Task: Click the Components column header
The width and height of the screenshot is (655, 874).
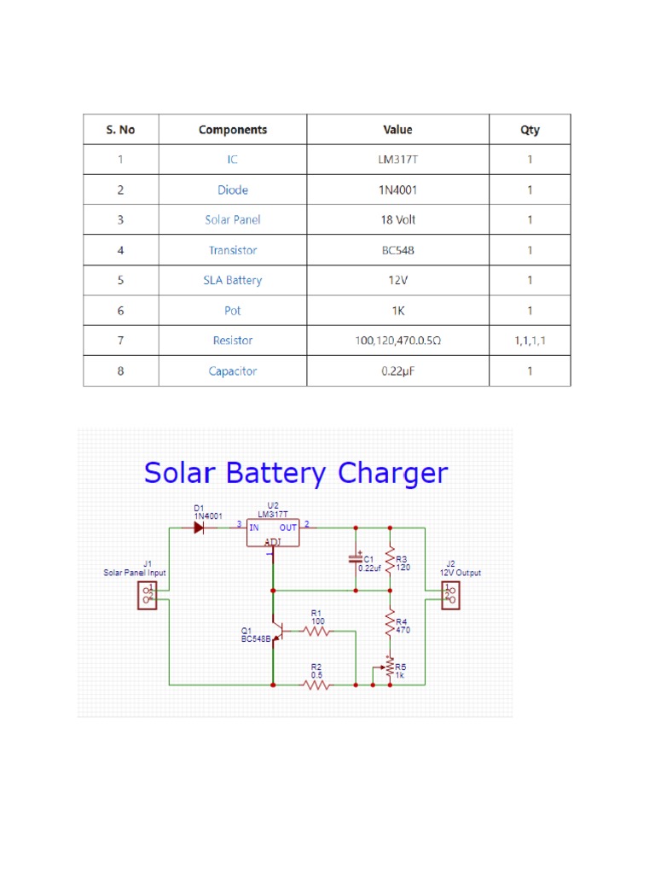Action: (232, 130)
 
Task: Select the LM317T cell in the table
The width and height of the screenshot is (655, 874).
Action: (397, 160)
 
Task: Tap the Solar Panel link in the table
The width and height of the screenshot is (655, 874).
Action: (232, 220)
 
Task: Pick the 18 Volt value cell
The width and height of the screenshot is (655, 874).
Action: (397, 220)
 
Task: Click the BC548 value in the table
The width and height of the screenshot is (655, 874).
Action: (397, 250)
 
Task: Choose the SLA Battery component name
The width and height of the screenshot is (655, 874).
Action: (232, 280)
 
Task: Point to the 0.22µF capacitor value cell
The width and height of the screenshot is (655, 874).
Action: (397, 371)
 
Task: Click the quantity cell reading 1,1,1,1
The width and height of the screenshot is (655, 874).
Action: (530, 341)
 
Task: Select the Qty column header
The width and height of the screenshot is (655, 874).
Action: (530, 130)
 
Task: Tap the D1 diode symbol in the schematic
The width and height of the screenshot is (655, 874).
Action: (199, 527)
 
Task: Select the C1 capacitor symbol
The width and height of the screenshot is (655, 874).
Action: (356, 559)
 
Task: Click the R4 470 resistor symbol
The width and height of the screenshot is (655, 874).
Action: (390, 622)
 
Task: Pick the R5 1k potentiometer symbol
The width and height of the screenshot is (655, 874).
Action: (389, 667)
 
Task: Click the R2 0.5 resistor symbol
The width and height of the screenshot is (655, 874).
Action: (316, 685)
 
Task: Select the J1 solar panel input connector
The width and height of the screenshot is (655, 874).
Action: (148, 595)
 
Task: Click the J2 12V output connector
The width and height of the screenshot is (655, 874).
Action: (449, 595)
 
